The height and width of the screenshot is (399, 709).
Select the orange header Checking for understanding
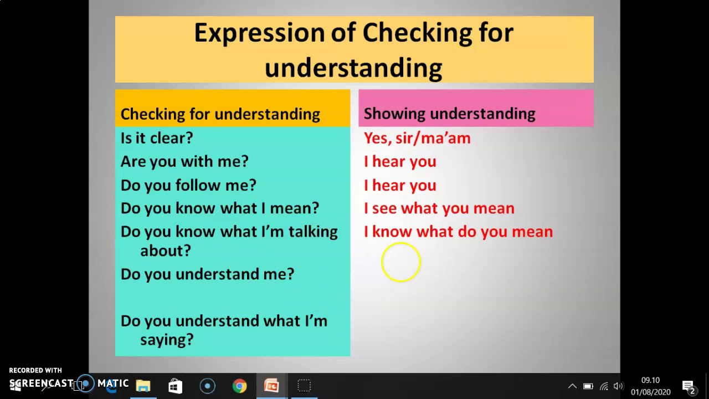coord(220,114)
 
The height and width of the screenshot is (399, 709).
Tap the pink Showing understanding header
coord(449,114)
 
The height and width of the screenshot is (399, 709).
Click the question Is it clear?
coord(157,138)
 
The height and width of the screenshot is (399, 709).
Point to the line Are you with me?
coord(184,161)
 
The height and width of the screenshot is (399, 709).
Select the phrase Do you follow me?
coord(188,185)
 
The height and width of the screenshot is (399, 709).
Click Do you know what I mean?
coord(219,208)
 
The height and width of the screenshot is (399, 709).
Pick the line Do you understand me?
coord(207,274)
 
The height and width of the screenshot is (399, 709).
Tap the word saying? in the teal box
coord(167,340)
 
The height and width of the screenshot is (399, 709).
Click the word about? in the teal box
coord(165,250)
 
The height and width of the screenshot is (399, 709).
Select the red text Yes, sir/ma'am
coord(417,138)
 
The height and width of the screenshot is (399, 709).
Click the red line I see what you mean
coord(439,208)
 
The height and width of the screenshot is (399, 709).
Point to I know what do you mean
coord(458,232)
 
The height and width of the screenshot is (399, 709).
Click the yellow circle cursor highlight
coord(400,262)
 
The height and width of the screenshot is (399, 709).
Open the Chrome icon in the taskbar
coord(239,386)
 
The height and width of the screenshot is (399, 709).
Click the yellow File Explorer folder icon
coord(143,386)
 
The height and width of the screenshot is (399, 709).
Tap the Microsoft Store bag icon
coord(175,386)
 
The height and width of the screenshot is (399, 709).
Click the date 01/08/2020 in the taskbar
coord(650,392)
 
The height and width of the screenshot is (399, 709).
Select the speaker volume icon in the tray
coord(619,386)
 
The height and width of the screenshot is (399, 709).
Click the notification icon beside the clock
coord(689,386)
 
